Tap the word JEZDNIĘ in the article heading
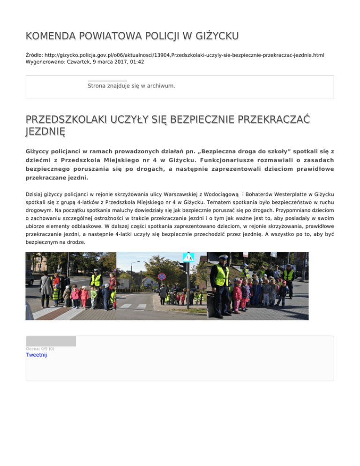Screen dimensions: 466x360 point(45,131)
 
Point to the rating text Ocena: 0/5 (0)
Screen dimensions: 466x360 point(40,349)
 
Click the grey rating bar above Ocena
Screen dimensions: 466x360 point(51,341)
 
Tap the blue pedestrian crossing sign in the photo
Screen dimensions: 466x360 point(188,257)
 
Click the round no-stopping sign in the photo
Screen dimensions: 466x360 point(162,277)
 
